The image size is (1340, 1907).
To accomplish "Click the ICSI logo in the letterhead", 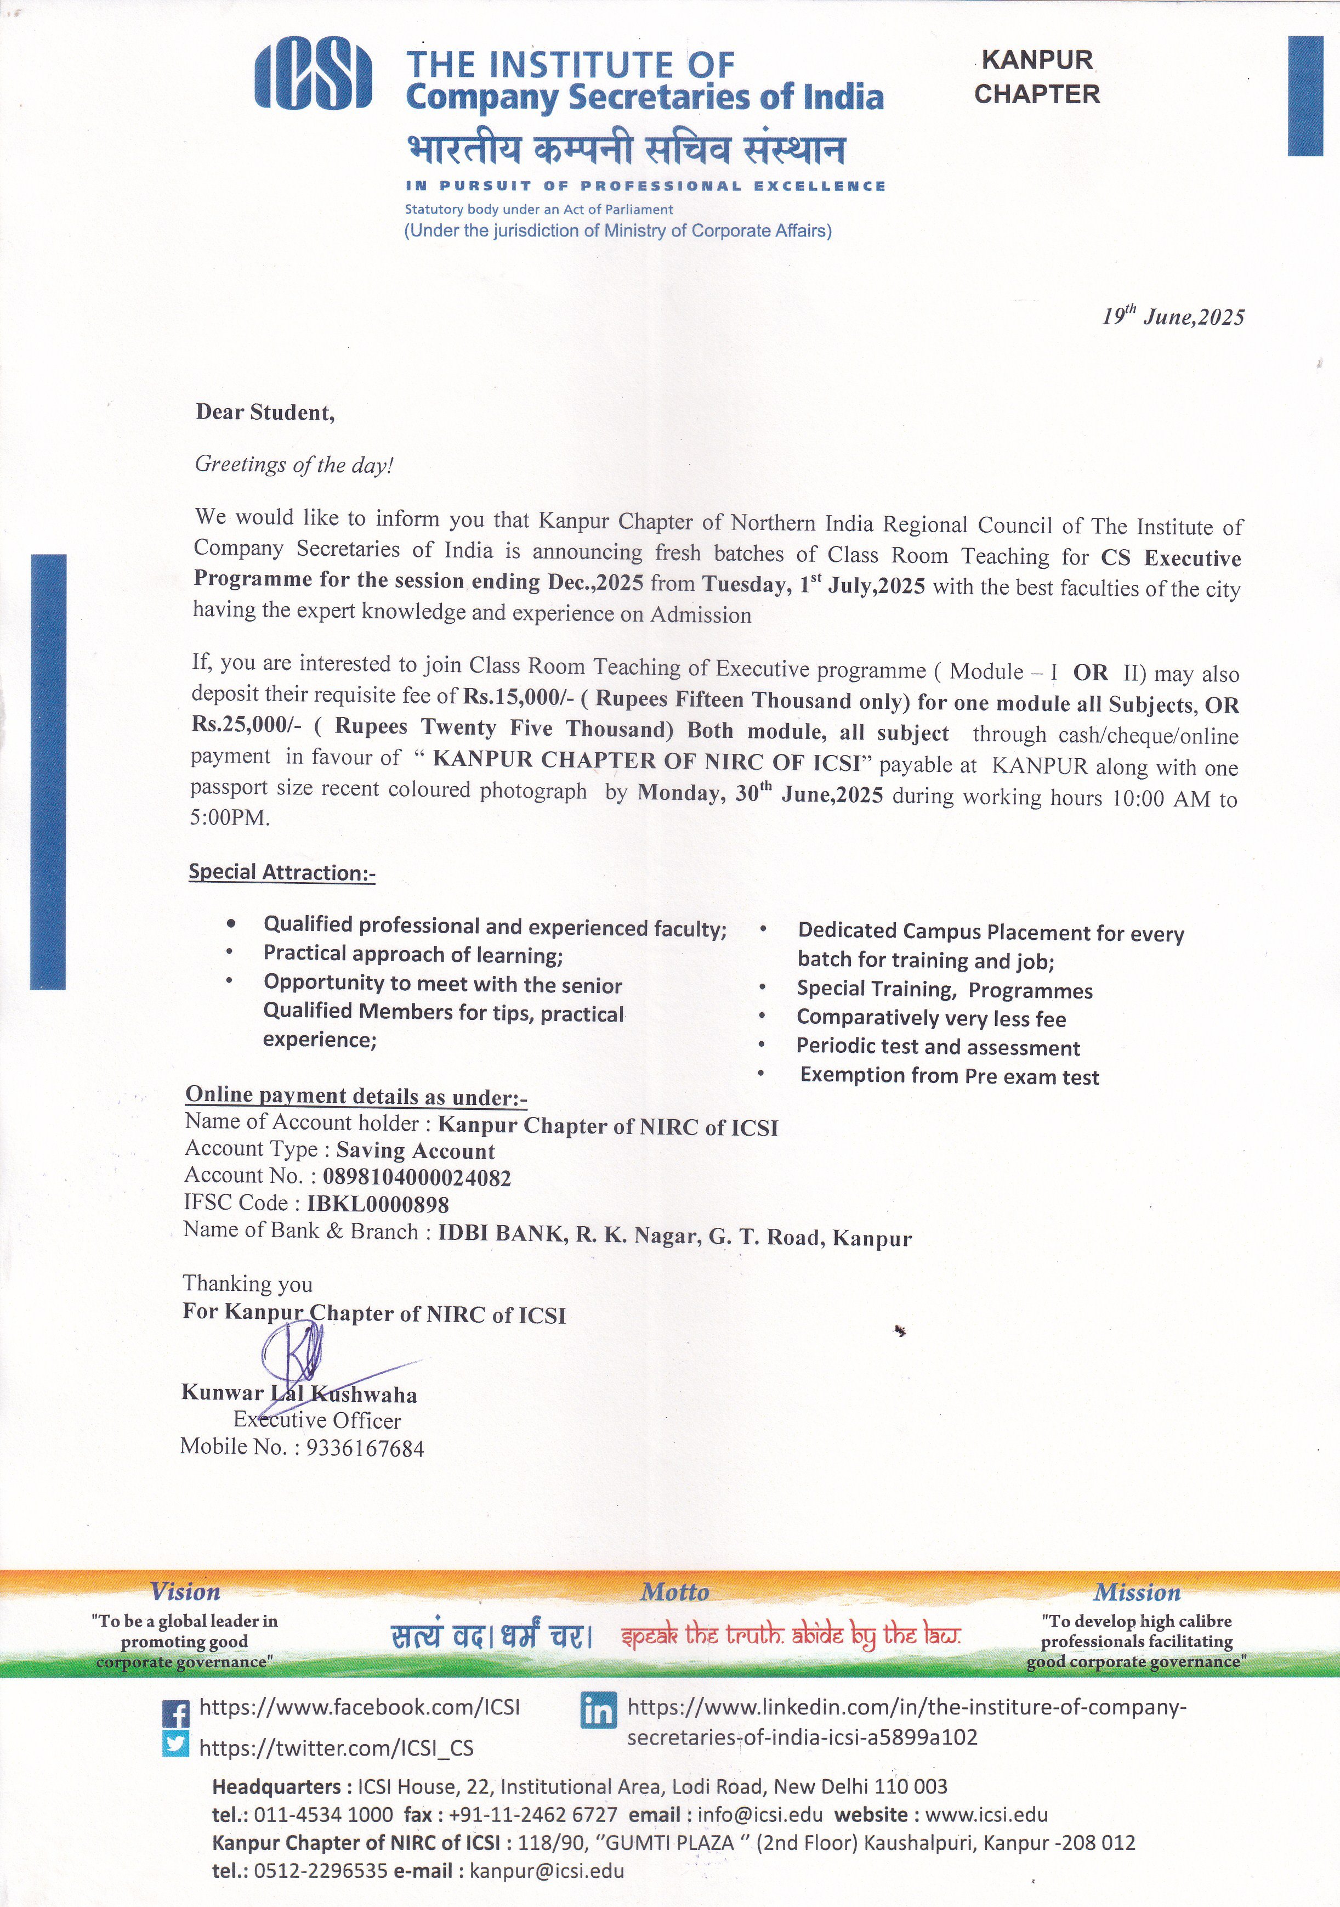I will pos(313,76).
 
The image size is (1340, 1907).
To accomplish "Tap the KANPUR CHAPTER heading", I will pos(1037,76).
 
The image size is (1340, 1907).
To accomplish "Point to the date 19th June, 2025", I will pos(1173,317).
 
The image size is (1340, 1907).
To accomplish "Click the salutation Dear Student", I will pos(265,413).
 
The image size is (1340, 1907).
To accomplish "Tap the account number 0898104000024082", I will pos(417,1177).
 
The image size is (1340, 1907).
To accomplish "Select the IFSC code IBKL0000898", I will pos(378,1204).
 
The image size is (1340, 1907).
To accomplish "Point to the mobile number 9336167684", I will pos(365,1448).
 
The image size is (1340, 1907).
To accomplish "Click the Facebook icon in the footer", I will pos(175,1713).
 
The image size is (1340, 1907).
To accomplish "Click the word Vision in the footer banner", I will pos(185,1592).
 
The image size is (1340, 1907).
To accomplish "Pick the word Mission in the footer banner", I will pos(1137,1592).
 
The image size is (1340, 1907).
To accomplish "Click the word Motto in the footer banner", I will pos(674,1592).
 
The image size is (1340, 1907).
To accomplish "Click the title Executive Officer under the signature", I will pos(317,1420).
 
